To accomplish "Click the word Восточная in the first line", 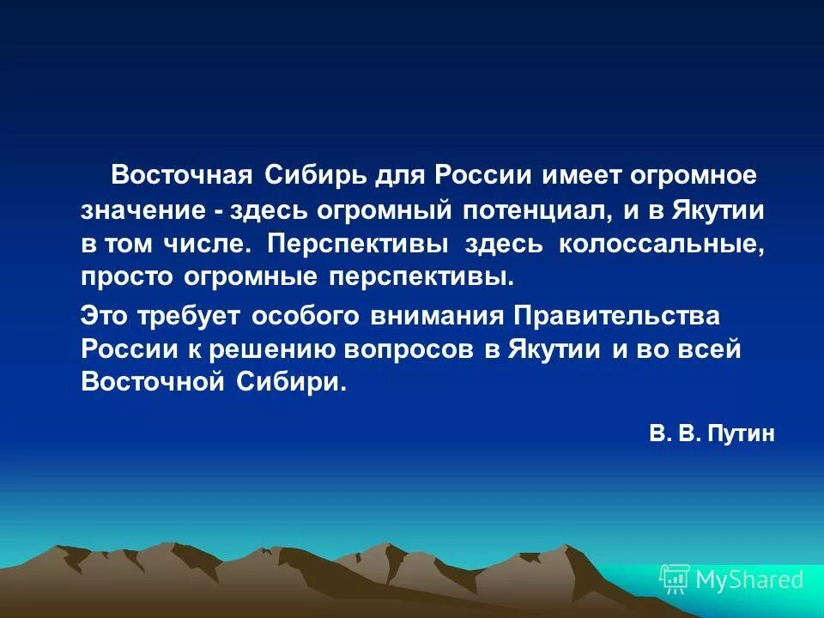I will pyautogui.click(x=181, y=175).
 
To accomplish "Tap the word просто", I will pyautogui.click(x=127, y=277).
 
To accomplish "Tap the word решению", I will pyautogui.click(x=282, y=349).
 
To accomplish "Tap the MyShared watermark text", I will pyautogui.click(x=749, y=579).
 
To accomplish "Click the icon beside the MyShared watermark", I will pyautogui.click(x=675, y=579).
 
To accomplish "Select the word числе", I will pyautogui.click(x=213, y=243).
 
